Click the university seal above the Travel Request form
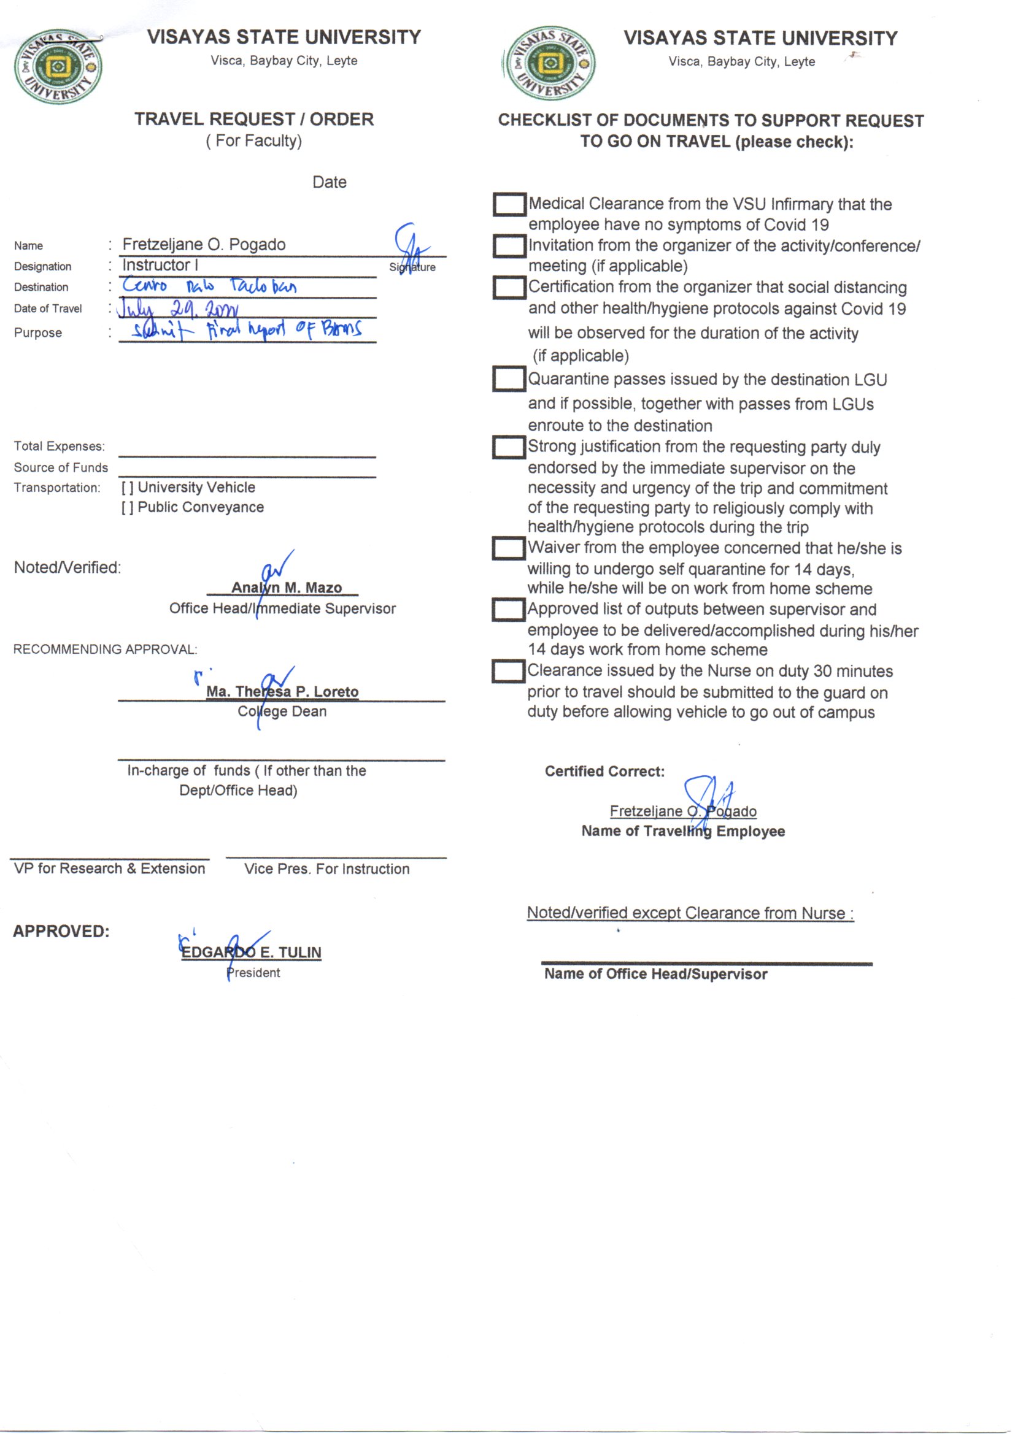[58, 66]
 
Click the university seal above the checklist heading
[550, 64]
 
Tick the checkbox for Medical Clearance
[509, 204]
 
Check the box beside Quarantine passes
[509, 379]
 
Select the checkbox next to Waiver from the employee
[508, 548]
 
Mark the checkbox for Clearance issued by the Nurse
[507, 672]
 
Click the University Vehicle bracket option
[127, 488]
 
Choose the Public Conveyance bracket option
[127, 508]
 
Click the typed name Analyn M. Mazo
[286, 588]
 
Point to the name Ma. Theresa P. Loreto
[282, 691]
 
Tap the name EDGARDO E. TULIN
[251, 952]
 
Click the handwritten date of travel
[177, 309]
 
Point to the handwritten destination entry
[209, 286]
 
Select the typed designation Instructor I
[160, 266]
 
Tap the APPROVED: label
[61, 931]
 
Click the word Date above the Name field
[330, 182]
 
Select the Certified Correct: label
[604, 772]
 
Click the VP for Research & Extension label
[109, 868]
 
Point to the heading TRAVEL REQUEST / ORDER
[254, 119]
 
